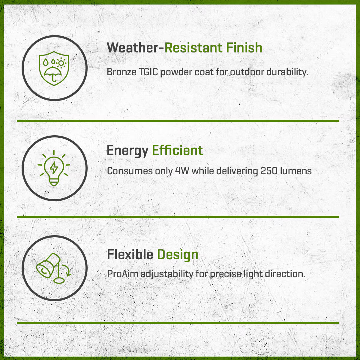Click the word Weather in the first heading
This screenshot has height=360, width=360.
pyautogui.click(x=133, y=48)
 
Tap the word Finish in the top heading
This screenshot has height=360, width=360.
pyautogui.click(x=244, y=48)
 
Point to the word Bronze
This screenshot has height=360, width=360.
pyautogui.click(x=121, y=72)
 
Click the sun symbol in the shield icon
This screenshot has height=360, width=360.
pyautogui.click(x=61, y=63)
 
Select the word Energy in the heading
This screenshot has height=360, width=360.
pyautogui.click(x=127, y=151)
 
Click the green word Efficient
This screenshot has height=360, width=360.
pyautogui.click(x=178, y=150)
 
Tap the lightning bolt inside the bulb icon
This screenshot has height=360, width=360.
pyautogui.click(x=54, y=168)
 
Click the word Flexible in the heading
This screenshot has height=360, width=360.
pyautogui.click(x=130, y=254)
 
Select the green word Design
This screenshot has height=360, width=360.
pyautogui.click(x=178, y=255)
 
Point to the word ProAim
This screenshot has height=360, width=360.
pyautogui.click(x=123, y=274)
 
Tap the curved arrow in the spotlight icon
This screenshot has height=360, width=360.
pyautogui.click(x=67, y=270)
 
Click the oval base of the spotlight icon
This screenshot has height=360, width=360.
pyautogui.click(x=59, y=280)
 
